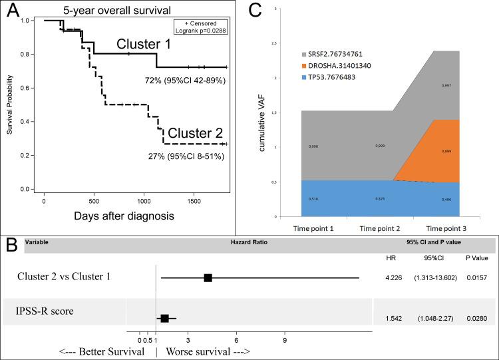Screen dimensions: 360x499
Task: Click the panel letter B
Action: point(12,243)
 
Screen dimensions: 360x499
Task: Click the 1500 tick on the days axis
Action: point(194,200)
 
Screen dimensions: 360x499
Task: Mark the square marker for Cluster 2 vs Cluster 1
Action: point(208,277)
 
